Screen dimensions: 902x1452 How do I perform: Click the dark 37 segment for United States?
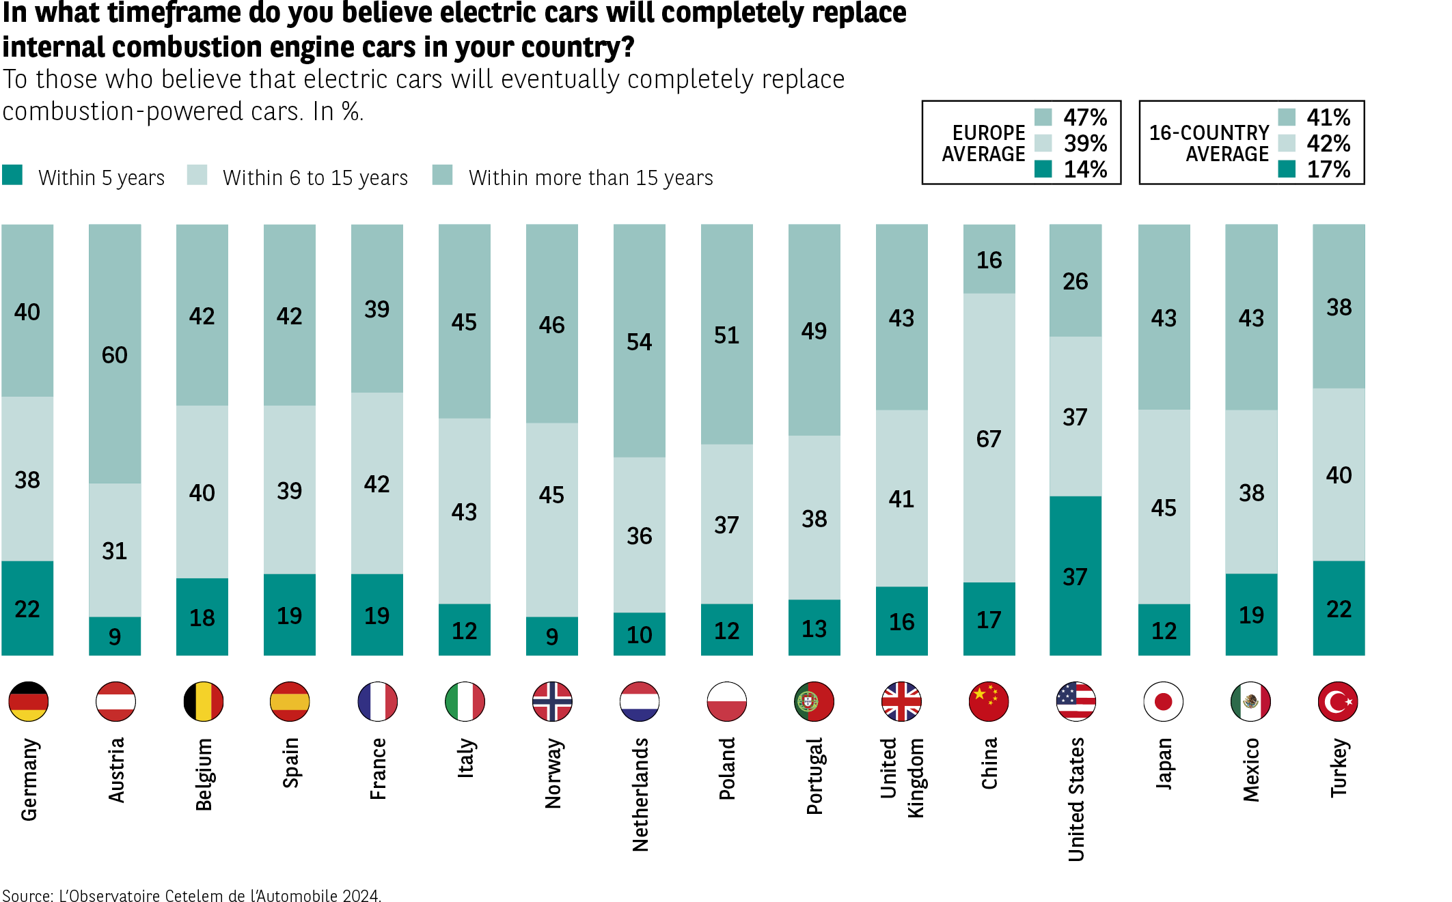1075,576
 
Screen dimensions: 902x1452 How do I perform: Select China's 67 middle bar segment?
989,438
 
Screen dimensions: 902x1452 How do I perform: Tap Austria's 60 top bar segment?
115,354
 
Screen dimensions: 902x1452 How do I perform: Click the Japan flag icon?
1163,701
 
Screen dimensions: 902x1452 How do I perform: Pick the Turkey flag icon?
1338,701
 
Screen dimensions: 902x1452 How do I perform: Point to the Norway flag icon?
552,701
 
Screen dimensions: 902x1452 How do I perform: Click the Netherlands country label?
640,794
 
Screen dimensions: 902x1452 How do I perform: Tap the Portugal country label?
814,776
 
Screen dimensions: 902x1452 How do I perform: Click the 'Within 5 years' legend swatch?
12,175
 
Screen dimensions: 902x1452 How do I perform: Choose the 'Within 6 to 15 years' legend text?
315,178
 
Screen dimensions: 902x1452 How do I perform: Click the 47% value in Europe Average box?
1085,117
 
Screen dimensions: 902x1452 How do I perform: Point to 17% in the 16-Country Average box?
1328,169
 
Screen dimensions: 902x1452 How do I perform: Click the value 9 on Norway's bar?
552,636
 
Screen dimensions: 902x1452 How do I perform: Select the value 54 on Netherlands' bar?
640,341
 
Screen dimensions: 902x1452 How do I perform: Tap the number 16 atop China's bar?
989,260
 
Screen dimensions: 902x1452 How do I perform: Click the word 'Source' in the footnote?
27,896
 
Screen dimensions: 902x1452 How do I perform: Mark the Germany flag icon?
28,701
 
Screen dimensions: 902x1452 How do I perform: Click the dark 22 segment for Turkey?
1339,608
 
